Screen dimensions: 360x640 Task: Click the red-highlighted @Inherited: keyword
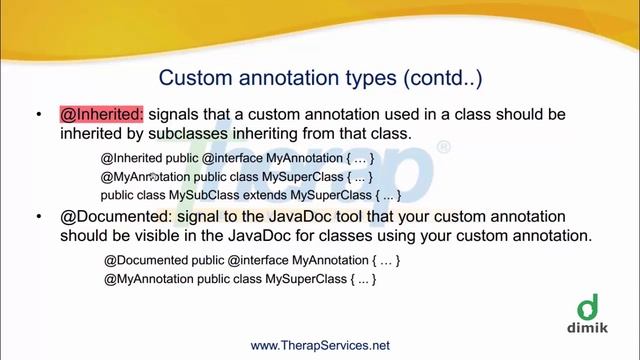101,115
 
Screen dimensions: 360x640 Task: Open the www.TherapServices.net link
319,345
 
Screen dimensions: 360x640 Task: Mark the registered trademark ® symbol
444,148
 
